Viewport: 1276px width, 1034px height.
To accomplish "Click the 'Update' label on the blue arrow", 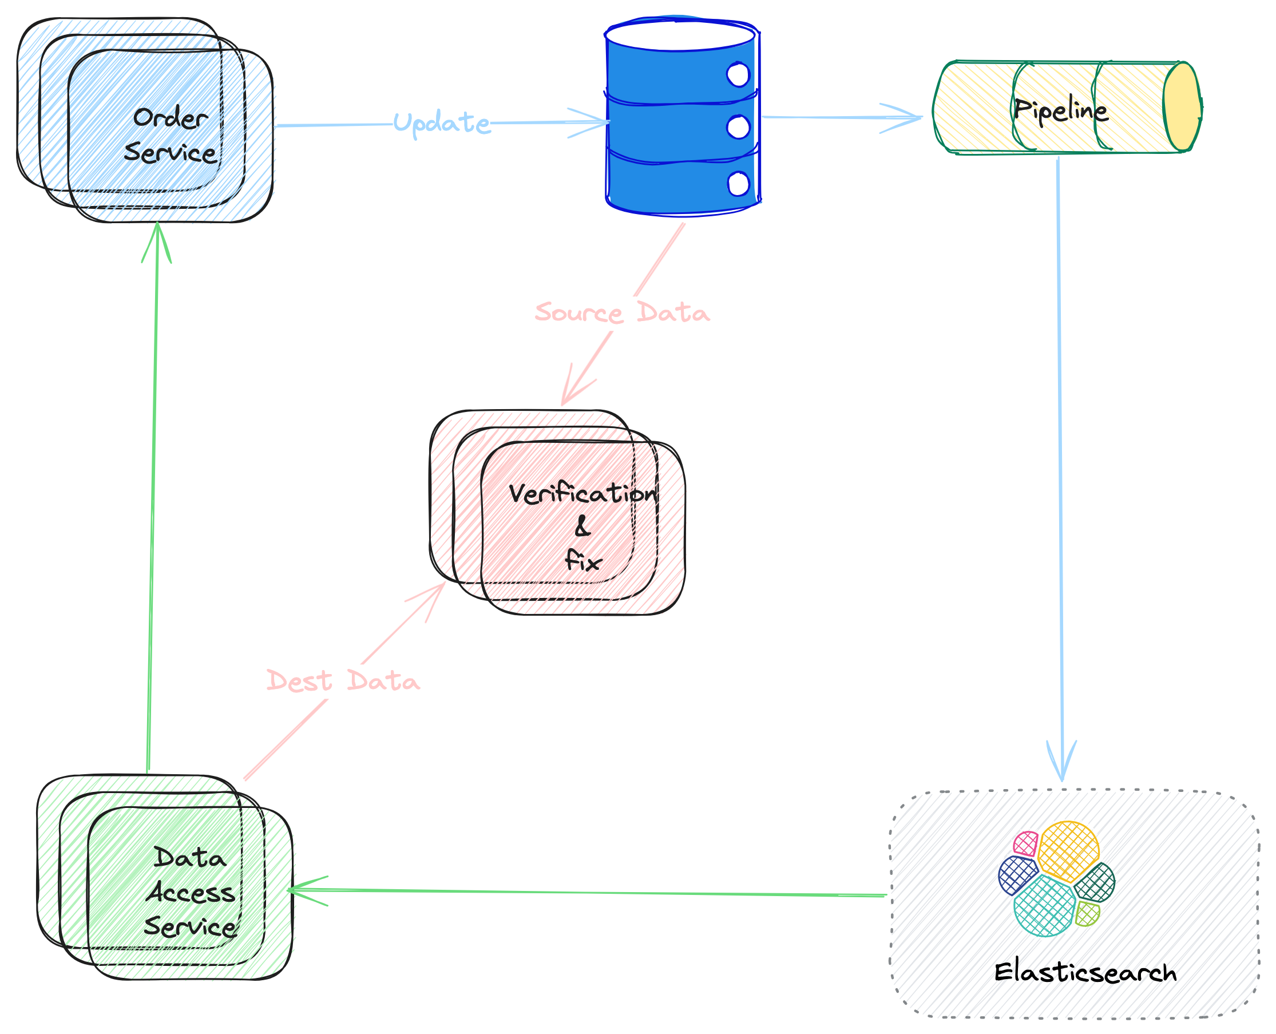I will coord(441,122).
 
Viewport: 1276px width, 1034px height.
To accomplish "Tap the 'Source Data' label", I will coord(622,312).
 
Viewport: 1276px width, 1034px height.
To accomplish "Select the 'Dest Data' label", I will coord(343,681).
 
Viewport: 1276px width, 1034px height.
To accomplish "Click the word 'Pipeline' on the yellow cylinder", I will coord(1060,110).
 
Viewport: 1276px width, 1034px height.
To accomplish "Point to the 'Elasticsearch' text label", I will coord(1085,973).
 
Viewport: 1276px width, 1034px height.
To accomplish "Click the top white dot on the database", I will coord(738,75).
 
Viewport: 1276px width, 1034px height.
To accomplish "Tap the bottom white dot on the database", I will coord(739,184).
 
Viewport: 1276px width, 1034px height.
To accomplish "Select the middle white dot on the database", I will coord(739,128).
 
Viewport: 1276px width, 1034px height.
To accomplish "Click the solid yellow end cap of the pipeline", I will coord(1182,106).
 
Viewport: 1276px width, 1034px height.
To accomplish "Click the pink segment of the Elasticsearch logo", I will coord(1025,843).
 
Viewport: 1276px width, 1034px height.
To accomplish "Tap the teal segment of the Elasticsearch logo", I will coord(1044,906).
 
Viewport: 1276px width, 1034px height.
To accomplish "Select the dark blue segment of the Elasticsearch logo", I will coord(1017,875).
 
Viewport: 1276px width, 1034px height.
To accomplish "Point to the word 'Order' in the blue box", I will coord(171,118).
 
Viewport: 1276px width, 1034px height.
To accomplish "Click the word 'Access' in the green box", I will coord(191,893).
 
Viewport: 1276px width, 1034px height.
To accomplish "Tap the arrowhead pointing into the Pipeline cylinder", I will coord(905,118).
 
